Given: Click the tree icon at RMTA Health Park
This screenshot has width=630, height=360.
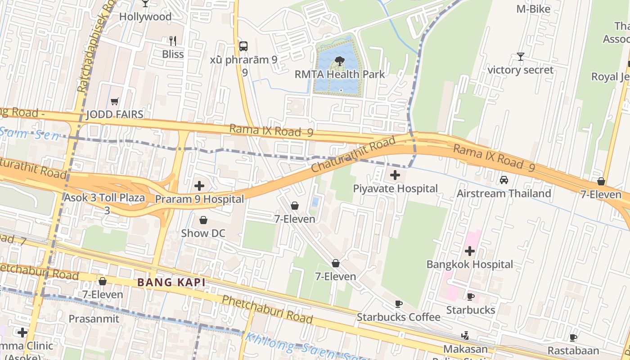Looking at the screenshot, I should (340, 61).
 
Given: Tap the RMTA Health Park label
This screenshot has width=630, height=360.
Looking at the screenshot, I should (340, 74).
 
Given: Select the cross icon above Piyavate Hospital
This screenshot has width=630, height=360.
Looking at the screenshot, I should (395, 175).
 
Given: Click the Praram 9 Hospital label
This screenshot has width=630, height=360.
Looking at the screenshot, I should (199, 199).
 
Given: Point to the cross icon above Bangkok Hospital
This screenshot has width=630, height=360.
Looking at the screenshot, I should (470, 251).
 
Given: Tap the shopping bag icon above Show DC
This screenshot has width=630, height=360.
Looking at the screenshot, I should (203, 220).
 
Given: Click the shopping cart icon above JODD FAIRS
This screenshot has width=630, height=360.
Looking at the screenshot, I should (115, 101).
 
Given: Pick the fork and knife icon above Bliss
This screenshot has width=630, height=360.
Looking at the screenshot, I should (173, 41).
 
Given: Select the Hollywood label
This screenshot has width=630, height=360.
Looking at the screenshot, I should (145, 17).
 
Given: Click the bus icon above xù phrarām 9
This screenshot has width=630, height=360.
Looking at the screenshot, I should (243, 46).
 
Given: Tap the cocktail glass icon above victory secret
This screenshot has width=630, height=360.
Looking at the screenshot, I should (521, 57).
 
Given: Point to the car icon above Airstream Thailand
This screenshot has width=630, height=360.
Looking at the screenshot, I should (504, 180).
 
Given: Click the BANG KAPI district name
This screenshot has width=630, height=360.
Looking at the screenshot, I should (171, 283).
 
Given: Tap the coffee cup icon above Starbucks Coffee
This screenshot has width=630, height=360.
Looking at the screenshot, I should (398, 304).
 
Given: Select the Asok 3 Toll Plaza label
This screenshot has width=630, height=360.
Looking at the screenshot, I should (104, 198).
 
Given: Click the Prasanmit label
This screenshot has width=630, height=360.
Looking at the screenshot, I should (94, 319).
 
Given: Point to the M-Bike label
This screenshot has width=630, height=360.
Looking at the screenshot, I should (533, 9).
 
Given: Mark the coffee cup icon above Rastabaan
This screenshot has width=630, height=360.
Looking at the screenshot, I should (573, 337).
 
